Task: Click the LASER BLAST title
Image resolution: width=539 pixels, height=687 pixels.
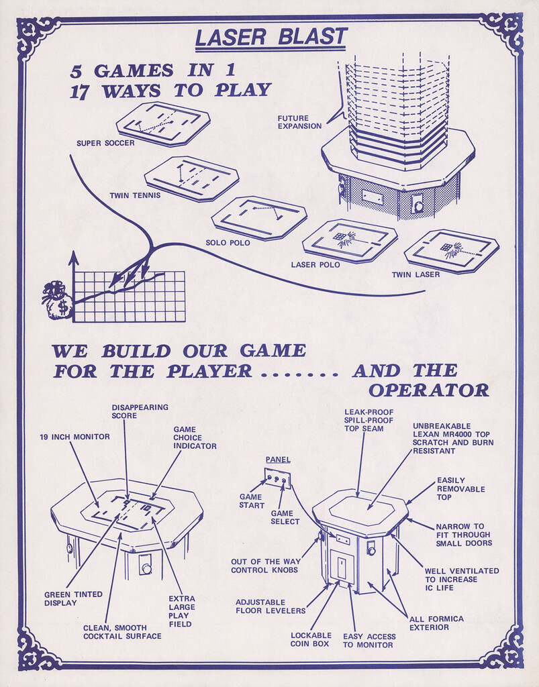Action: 271,38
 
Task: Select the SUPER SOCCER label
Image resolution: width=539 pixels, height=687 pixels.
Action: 105,143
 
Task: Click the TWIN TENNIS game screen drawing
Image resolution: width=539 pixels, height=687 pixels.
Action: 191,178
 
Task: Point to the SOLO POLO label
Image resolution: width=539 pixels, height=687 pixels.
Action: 228,242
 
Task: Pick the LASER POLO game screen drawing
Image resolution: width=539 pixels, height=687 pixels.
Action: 349,240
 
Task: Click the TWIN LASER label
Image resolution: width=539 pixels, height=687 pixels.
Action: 416,274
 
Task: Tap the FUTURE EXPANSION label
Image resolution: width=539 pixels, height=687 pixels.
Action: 299,122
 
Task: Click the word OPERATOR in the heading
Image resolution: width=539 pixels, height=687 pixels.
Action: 429,390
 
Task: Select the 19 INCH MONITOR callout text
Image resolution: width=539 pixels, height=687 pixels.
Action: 75,437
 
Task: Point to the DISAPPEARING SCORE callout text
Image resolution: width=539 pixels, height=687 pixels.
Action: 140,411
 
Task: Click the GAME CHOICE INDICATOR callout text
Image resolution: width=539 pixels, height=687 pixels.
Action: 195,437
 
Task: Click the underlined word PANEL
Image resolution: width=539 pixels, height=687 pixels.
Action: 278,460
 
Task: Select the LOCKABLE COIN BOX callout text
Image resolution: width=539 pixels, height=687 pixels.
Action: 311,640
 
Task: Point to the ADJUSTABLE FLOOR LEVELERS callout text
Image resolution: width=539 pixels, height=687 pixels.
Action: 270,606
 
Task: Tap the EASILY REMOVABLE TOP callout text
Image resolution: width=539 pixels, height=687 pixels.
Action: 460,489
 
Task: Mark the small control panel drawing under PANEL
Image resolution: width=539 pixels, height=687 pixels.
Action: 278,479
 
